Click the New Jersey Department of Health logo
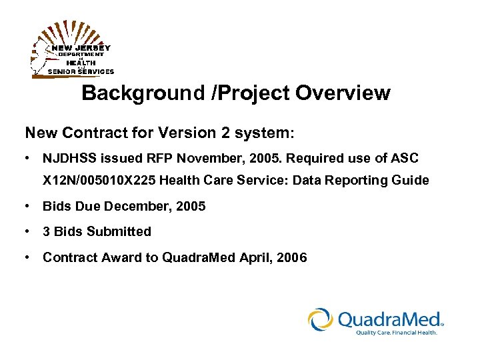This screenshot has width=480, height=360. [x=72, y=51]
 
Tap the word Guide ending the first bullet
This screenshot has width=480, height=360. [x=412, y=181]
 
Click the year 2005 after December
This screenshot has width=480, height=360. [x=191, y=207]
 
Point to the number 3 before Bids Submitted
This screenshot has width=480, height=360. [x=47, y=232]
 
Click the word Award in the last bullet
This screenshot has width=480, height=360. [x=114, y=257]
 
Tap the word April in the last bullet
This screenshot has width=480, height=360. [x=253, y=257]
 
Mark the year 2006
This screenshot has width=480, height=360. [x=291, y=257]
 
